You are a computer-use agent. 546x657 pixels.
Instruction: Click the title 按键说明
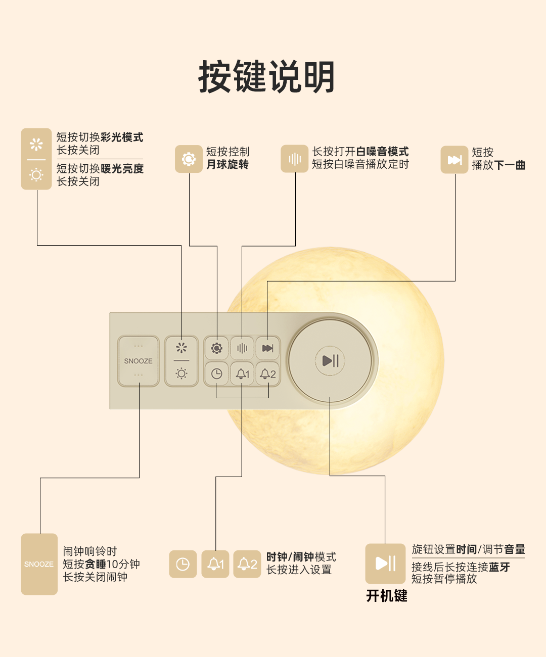tap(266, 77)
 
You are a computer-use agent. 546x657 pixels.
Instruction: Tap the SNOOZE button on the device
tap(138, 361)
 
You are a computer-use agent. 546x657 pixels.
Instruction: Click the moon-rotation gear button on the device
tap(216, 348)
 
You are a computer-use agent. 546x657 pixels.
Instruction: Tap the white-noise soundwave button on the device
tap(242, 348)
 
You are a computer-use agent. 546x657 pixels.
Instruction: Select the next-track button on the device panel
tap(267, 348)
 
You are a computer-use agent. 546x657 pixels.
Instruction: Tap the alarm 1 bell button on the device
tap(242, 374)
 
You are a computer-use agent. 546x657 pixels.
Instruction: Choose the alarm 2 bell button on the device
tap(267, 374)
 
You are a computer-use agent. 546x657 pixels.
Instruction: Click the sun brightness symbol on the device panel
tap(181, 374)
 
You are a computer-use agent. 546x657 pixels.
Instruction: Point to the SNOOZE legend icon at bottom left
tap(39, 564)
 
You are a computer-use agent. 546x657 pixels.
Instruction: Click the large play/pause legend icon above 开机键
tap(385, 564)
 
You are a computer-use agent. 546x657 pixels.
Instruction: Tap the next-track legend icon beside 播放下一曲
tap(454, 160)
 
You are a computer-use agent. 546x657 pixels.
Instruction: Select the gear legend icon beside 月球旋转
tap(189, 159)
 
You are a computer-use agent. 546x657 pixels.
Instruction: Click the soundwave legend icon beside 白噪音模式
tap(294, 159)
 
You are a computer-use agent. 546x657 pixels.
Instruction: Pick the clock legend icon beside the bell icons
tap(183, 564)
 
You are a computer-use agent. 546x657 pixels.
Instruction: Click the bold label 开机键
tap(387, 596)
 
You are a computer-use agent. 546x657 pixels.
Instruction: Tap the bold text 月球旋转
tap(227, 165)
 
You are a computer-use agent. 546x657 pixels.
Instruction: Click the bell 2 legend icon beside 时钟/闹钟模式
tap(247, 564)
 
